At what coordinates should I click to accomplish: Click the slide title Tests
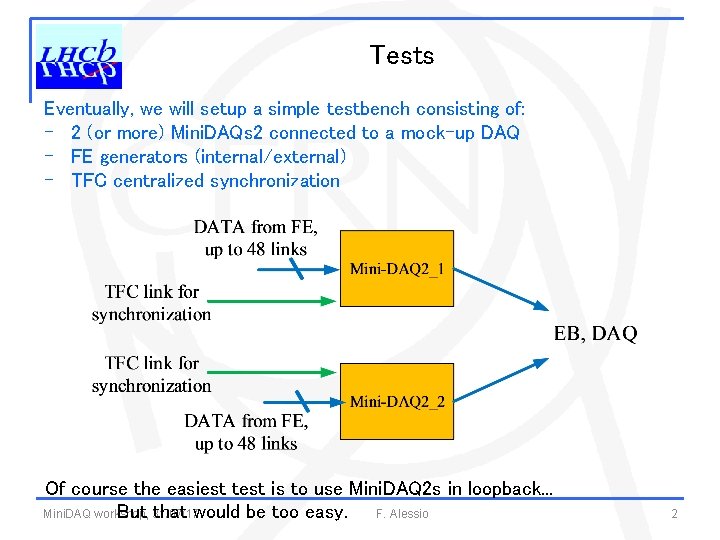click(402, 55)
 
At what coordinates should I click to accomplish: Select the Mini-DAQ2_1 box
click(397, 269)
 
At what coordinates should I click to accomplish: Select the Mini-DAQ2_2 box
click(397, 401)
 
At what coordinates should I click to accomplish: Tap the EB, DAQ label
click(595, 334)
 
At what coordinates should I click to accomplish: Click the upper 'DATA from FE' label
click(256, 238)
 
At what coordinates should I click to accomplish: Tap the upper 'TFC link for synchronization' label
click(152, 303)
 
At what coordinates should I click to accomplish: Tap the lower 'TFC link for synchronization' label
click(152, 374)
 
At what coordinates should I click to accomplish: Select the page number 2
click(675, 514)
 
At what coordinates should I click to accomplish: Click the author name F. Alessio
click(402, 514)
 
